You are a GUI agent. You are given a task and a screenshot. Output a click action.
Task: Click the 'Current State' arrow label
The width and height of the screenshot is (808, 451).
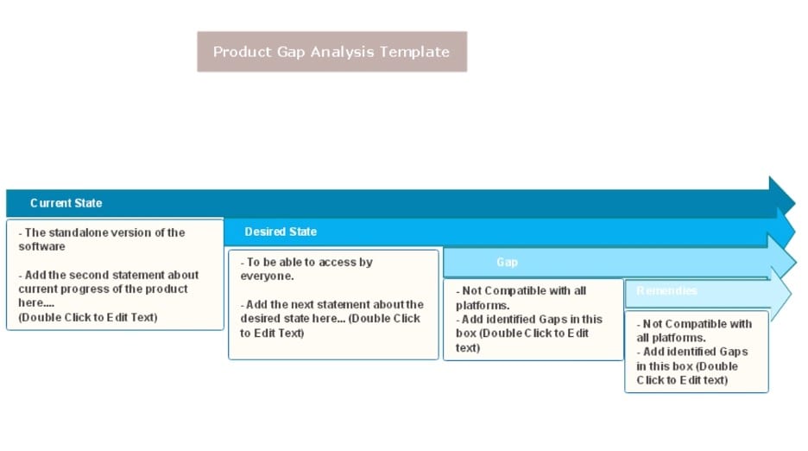point(66,203)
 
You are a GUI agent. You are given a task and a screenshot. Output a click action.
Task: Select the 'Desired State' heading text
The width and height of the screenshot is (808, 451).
point(281,232)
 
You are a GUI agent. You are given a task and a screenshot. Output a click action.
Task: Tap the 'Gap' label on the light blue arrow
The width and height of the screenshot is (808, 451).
point(507,262)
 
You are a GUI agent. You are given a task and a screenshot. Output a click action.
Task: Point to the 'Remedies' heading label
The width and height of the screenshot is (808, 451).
point(666,290)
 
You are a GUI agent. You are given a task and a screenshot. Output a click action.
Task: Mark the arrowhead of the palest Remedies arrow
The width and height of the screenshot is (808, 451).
point(780,295)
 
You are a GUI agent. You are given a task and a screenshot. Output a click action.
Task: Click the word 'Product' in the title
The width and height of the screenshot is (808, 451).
point(243,52)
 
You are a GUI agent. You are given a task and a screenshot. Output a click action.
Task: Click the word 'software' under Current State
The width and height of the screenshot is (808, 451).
point(41,246)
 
